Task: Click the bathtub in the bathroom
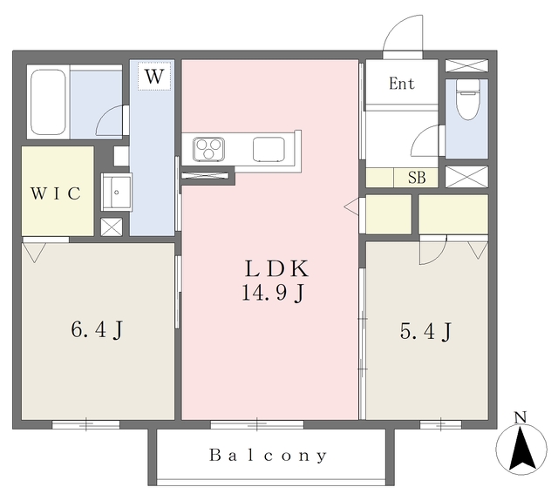pos(48,102)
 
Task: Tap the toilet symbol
pos(467,98)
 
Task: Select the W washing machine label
pos(154,76)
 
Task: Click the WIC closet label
pos(56,193)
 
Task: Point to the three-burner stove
pos(208,149)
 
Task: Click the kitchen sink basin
pos(269,149)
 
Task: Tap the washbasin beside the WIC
pos(116,192)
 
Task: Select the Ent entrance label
pos(402,84)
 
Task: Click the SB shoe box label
pos(417,178)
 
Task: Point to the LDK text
pos(276,268)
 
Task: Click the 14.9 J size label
pos(273,294)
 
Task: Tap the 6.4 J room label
pos(97,329)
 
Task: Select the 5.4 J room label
pos(425,331)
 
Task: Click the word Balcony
pos(268,456)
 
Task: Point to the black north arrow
pos(521,450)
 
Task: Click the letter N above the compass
pos(521,417)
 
